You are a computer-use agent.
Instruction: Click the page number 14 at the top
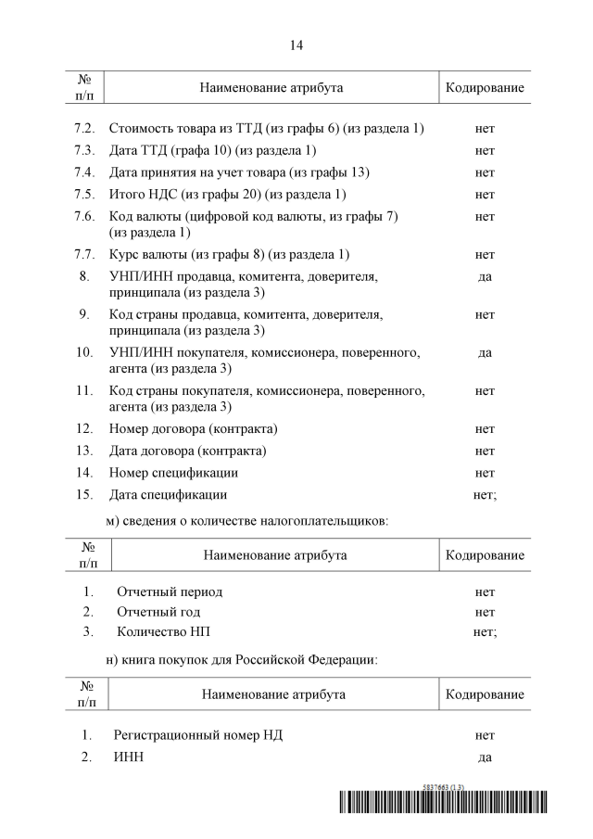pos(296,44)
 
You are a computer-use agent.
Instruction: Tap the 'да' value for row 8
pos(485,276)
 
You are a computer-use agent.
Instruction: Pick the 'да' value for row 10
pos(485,352)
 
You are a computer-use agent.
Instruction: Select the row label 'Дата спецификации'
pos(168,494)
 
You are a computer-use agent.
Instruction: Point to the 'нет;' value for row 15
pos(485,494)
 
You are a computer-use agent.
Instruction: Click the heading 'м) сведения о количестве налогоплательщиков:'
pos(246,522)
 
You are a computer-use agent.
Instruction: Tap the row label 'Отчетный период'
pos(170,591)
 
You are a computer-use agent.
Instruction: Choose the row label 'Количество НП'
pos(162,632)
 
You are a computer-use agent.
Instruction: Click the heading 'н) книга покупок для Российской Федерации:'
pos(241,660)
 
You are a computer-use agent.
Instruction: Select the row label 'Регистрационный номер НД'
pos(198,735)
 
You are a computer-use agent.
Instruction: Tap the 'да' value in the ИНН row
pos(485,757)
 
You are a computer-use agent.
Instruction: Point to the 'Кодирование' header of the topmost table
pos(485,87)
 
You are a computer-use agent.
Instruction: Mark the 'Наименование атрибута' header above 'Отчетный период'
pos(273,554)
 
